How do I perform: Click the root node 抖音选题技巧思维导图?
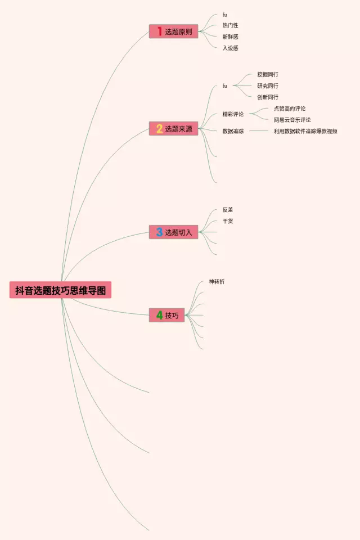pos(60,290)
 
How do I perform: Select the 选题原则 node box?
pos(174,32)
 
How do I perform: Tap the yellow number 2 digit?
pos(159,129)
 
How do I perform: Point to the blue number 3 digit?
pos(159,232)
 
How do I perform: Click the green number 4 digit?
pos(159,316)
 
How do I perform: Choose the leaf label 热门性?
pos(230,25)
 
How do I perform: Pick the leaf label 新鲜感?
pos(230,37)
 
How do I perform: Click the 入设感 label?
pos(230,48)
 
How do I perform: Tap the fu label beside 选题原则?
pos(224,15)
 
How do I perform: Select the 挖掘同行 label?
pos(267,74)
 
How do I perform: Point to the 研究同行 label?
pos(267,86)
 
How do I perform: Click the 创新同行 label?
pos(267,97)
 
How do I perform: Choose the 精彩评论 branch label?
pos(233,114)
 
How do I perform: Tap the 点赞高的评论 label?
pos(290,109)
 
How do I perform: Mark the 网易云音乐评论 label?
pos(292,120)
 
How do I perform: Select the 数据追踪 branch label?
pos(233,131)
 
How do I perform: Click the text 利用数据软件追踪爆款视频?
pos(305,131)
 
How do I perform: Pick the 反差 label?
pos(227,210)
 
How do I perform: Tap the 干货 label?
pos(227,221)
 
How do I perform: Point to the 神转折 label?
pos(217,281)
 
